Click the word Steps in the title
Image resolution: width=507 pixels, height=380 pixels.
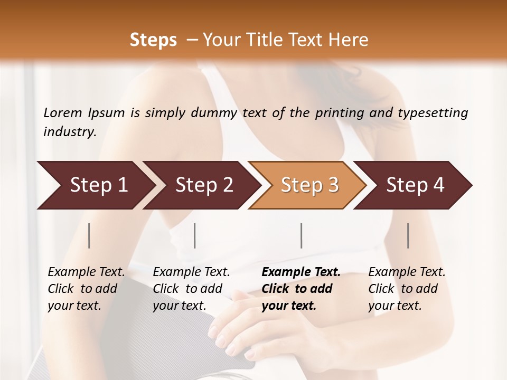tap(153, 40)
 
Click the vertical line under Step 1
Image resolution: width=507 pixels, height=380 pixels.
tap(89, 235)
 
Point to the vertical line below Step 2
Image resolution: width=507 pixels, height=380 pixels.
tap(195, 235)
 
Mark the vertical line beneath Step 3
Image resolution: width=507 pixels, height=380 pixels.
tap(302, 235)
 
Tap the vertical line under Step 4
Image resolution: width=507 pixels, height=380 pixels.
tap(408, 235)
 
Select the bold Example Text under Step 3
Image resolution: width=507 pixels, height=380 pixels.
tap(301, 289)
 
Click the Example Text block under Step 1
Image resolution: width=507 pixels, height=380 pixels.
tap(86, 289)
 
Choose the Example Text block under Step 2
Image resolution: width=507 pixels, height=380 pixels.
tap(191, 289)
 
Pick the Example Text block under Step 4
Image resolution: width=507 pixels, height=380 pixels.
tap(407, 289)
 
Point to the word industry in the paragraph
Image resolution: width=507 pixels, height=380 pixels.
tap(69, 132)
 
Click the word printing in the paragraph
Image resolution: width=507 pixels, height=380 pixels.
tap(340, 112)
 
